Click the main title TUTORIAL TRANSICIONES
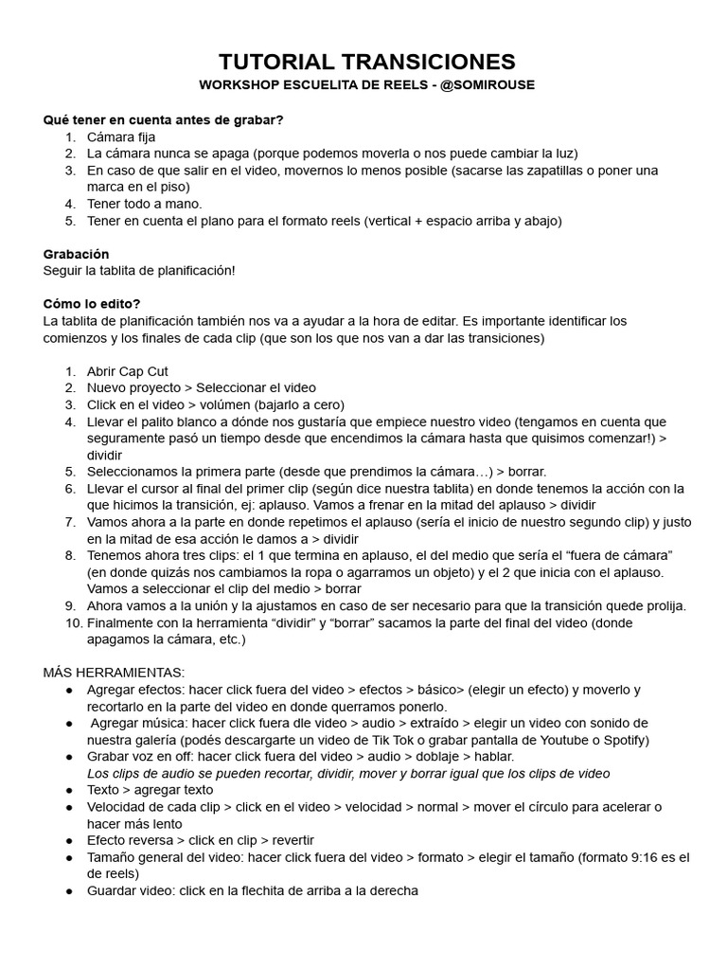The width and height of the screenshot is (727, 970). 367,63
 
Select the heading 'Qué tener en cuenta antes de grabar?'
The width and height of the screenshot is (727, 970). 164,120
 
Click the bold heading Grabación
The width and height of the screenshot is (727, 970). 77,254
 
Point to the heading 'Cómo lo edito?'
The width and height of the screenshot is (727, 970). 92,303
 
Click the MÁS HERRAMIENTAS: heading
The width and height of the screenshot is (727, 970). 114,672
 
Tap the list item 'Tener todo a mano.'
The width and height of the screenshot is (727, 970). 145,204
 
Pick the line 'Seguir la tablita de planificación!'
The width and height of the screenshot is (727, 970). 139,271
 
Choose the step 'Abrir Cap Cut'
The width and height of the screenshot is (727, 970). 128,371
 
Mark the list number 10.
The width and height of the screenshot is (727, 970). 71,623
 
